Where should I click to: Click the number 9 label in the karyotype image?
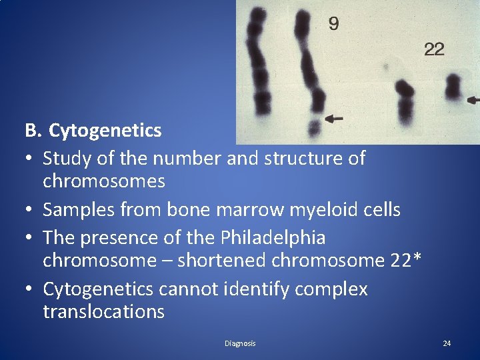tap(333, 25)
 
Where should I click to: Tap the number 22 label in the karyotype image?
tap(434, 49)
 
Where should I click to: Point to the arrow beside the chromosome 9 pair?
tap(333, 118)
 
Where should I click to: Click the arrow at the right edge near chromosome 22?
tap(473, 100)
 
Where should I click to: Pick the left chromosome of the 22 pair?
tap(403, 101)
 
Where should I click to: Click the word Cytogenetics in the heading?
tap(105, 130)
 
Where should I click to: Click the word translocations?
tap(103, 311)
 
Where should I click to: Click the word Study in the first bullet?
tap(65, 158)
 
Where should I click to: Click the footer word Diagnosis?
tap(240, 343)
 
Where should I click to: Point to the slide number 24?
tap(447, 343)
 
